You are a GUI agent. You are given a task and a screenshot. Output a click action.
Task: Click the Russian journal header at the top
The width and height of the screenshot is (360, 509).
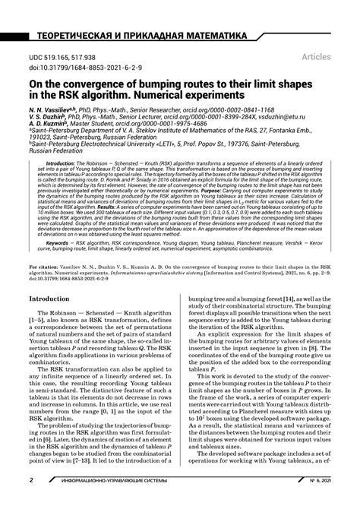pos(137,36)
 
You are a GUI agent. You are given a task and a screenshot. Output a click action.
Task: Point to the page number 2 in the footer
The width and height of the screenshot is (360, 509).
pos(31,501)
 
